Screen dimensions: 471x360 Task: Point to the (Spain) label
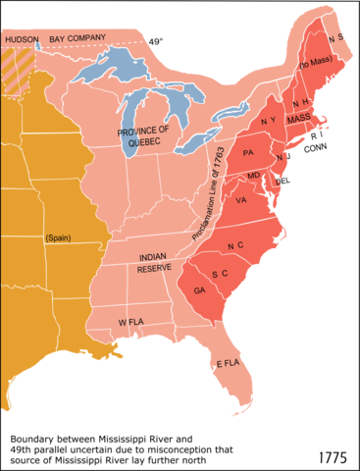pos(58,237)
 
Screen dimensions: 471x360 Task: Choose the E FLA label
pos(228,363)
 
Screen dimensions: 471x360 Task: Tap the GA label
pos(199,290)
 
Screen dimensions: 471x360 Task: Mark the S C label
pos(221,272)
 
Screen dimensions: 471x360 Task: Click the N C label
pos(235,244)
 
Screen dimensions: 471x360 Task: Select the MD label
pos(254,176)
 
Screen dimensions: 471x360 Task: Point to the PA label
pos(248,152)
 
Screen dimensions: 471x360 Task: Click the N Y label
pos(269,122)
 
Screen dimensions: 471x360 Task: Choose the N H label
pos(300,102)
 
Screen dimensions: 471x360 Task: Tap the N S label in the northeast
pos(336,38)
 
